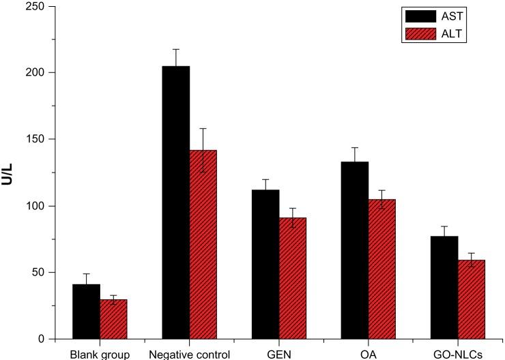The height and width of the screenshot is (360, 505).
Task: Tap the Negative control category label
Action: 189,354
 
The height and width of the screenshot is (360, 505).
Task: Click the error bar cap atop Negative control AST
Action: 176,49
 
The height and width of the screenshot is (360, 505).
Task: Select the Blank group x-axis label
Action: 100,354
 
